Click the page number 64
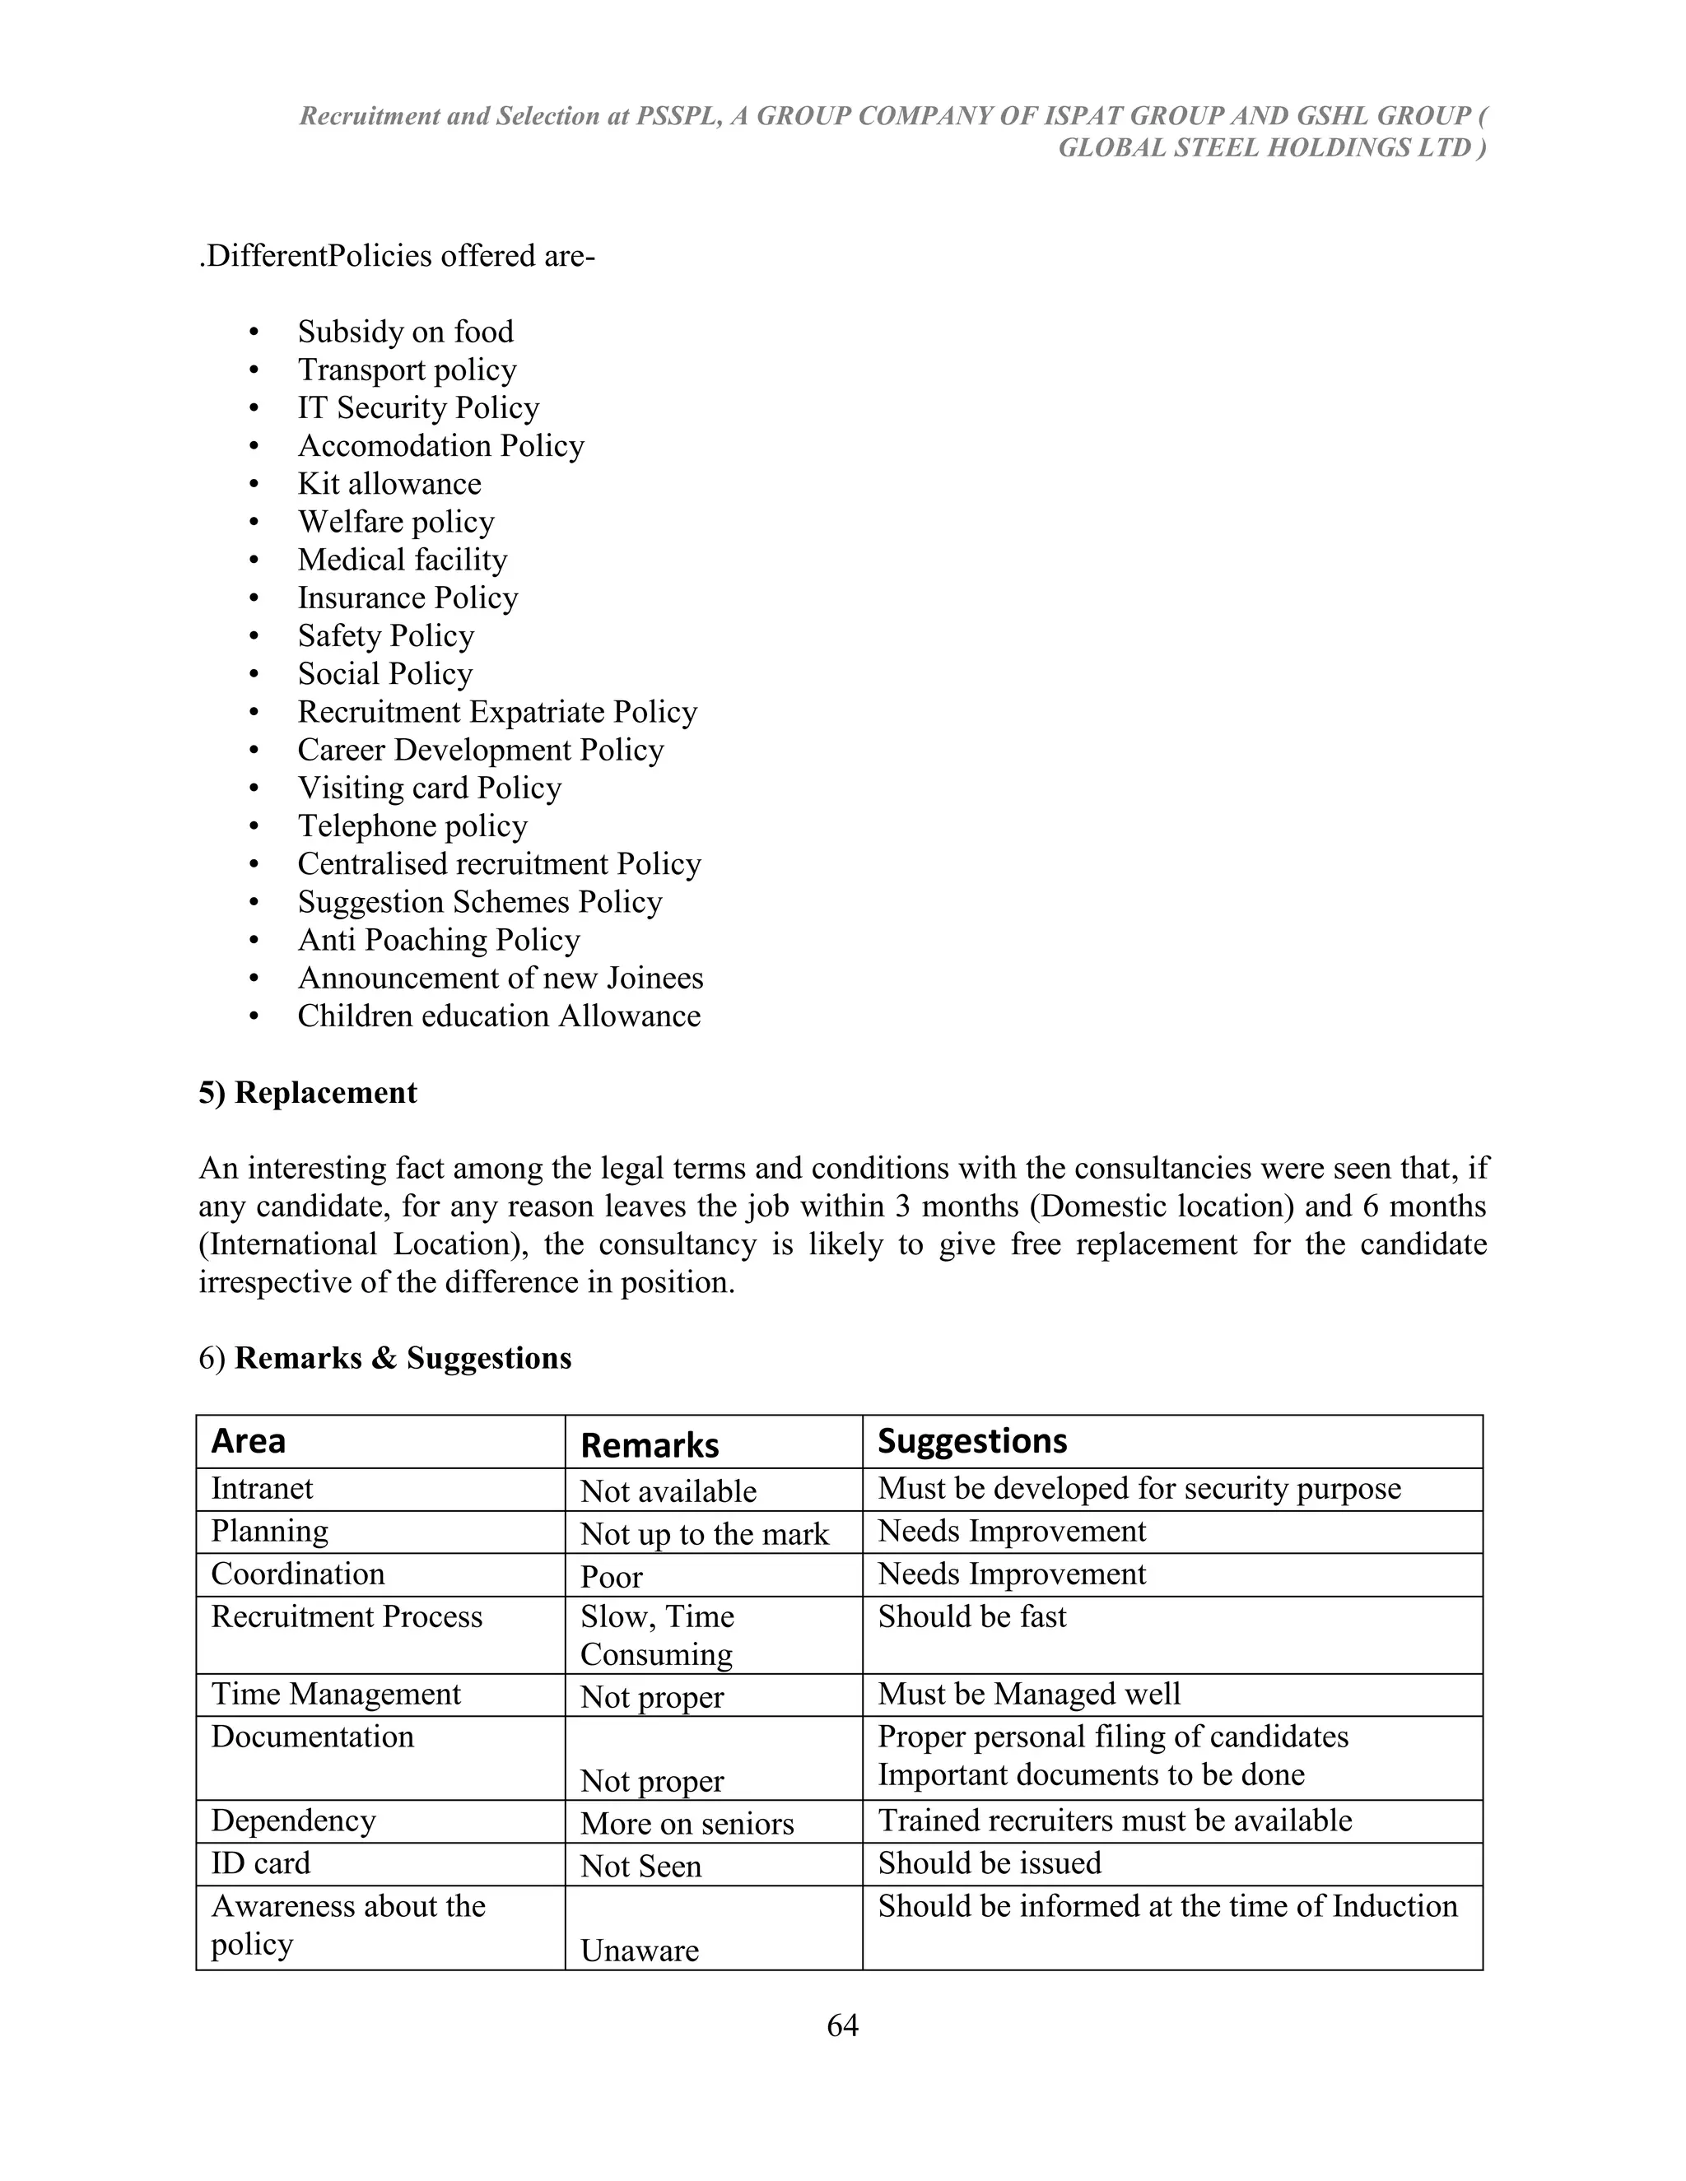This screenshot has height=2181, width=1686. point(842,2025)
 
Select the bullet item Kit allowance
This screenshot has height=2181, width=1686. point(389,483)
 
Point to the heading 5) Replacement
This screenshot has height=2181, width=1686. point(308,1092)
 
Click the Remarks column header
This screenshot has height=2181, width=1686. point(650,1445)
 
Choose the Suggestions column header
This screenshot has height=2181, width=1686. point(972,1441)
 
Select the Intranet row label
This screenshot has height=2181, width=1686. point(262,1489)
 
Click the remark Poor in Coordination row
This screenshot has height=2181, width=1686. point(612,1577)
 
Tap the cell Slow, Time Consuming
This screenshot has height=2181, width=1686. point(656,1635)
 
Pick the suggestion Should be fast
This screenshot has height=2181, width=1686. point(972,1616)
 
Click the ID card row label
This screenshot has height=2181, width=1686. point(261,1863)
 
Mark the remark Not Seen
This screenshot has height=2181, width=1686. point(640,1867)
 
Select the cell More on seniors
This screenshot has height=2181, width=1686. point(687,1824)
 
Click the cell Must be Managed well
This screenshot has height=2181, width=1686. point(1029,1694)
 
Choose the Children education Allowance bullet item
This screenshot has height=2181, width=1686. point(498,1016)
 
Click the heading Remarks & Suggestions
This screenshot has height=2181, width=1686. point(403,1358)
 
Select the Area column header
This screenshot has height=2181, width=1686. point(248,1441)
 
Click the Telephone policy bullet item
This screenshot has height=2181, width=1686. point(412,825)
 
